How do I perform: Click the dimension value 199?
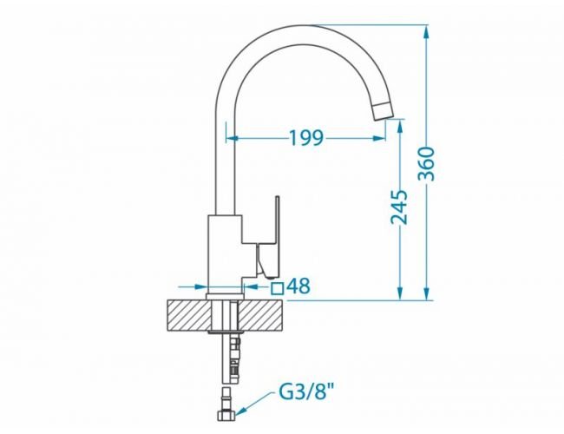click(x=306, y=138)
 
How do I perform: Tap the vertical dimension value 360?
click(x=427, y=164)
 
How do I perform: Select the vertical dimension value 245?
click(x=400, y=207)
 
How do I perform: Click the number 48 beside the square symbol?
click(x=298, y=286)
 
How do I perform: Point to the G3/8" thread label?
click(x=306, y=391)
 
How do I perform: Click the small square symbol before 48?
click(x=278, y=288)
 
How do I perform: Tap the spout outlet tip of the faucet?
click(x=383, y=111)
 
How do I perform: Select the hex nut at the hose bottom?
click(x=227, y=415)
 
